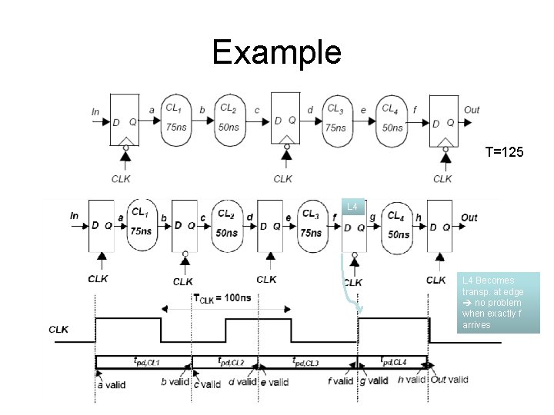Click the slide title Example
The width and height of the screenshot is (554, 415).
coord(276,52)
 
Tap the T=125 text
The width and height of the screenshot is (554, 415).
coord(504,153)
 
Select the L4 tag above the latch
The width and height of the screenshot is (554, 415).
coord(352,207)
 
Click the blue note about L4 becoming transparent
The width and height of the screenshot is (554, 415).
coord(500,303)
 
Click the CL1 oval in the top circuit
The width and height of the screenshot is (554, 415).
coord(175,118)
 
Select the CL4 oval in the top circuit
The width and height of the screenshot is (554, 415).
coord(391,118)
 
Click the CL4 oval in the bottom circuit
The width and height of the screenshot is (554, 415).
coord(397,225)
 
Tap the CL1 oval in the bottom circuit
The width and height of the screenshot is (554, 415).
coord(141,223)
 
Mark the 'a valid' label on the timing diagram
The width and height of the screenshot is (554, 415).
coord(111,383)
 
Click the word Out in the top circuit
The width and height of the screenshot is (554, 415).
coord(472,111)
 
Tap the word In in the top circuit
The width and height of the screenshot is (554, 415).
coord(95,111)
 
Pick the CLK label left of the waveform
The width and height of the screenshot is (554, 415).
coord(58,330)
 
